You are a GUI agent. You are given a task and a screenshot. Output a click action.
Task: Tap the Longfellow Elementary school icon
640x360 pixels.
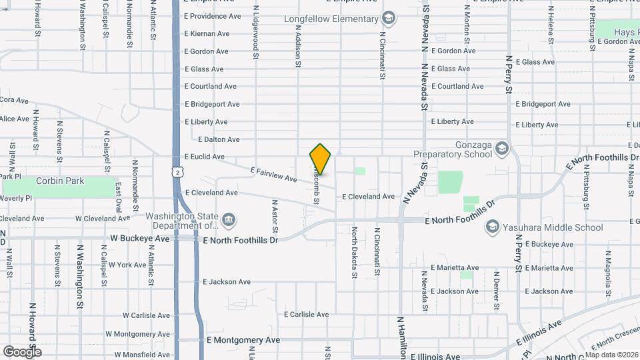click(x=389, y=17)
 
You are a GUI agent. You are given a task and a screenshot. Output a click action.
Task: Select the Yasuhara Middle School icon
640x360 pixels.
click(x=492, y=227)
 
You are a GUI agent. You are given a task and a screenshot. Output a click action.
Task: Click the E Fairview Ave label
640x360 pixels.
click(x=274, y=174)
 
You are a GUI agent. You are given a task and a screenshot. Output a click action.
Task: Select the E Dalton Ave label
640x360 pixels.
click(x=219, y=139)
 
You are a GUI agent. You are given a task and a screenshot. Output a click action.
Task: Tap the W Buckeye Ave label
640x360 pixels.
click(x=140, y=238)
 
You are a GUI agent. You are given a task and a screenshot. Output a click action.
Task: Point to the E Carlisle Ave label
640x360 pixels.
click(x=306, y=314)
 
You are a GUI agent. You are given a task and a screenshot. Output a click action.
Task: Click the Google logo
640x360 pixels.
click(x=22, y=351)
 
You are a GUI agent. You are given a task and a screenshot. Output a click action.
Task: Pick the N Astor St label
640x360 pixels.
click(x=274, y=215)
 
